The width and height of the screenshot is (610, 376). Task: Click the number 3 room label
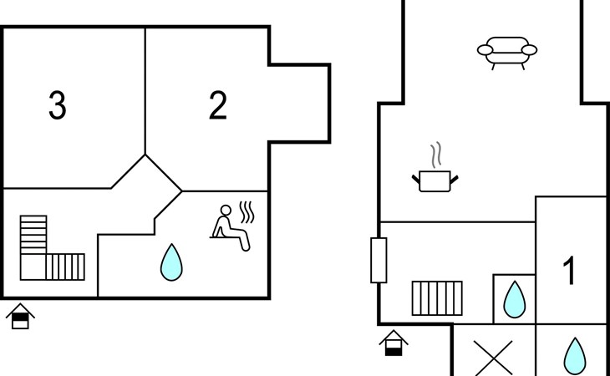click(57, 106)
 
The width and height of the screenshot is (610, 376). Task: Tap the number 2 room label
click(217, 106)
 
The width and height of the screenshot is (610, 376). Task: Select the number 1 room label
click(570, 272)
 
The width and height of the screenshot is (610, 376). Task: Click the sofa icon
click(507, 50)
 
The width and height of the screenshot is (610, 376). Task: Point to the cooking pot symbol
click(435, 180)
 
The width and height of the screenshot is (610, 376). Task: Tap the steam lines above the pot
click(435, 155)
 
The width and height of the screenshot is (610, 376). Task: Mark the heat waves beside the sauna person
click(247, 211)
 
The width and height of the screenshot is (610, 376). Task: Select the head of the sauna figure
click(226, 210)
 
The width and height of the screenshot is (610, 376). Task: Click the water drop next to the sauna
click(171, 262)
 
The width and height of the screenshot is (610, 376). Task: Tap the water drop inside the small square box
click(514, 298)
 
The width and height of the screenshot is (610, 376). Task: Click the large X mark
click(493, 358)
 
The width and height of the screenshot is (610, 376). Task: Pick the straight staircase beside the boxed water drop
click(437, 297)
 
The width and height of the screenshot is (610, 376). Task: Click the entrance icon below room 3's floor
click(20, 317)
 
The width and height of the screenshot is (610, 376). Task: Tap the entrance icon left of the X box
click(394, 343)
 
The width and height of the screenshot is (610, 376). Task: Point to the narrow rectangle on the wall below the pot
click(379, 260)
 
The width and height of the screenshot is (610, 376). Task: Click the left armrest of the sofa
click(484, 52)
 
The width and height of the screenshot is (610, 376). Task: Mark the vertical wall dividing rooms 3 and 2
click(145, 92)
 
